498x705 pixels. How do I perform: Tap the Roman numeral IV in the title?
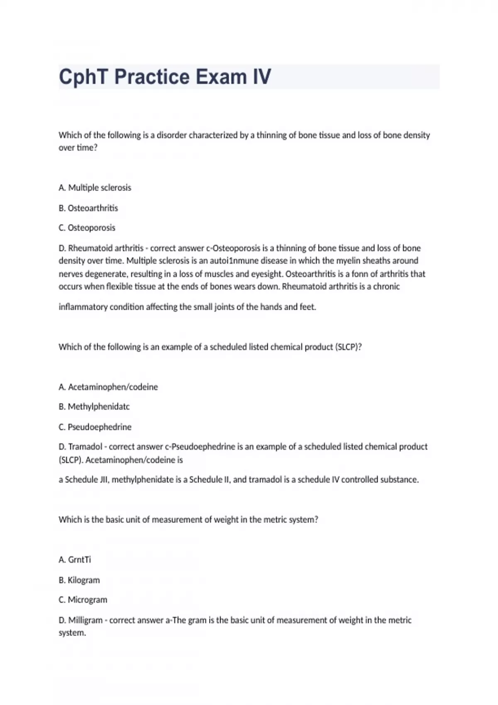[262, 77]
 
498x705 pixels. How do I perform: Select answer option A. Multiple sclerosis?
[95, 188]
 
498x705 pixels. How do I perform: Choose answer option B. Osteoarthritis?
[88, 208]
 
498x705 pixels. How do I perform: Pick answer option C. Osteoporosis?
[87, 228]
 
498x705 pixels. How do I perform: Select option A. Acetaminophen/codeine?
[108, 387]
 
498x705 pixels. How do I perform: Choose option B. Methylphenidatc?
[94, 407]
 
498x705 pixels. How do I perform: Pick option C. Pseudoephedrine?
[95, 427]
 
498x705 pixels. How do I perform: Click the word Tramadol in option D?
[85, 447]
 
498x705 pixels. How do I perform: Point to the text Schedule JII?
[87, 480]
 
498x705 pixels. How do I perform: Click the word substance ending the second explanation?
[399, 480]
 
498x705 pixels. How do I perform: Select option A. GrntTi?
[75, 560]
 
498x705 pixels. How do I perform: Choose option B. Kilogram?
[79, 580]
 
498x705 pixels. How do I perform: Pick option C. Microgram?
[83, 600]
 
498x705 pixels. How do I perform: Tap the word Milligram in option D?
[85, 620]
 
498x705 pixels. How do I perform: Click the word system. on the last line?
[72, 633]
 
